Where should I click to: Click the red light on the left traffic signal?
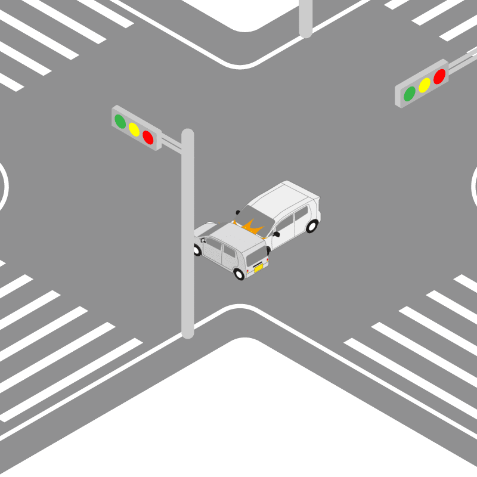[x=148, y=138]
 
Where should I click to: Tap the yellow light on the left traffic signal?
[x=134, y=129]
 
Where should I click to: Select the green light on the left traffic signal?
[x=120, y=122]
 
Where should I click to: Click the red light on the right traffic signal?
[x=439, y=76]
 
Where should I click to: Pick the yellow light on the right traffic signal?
[x=425, y=85]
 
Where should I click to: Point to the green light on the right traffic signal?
[x=410, y=94]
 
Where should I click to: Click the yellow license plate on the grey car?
[x=259, y=269]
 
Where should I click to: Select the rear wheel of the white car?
[x=312, y=225]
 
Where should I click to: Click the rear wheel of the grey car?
[x=239, y=274]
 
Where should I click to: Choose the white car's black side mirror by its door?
[x=276, y=234]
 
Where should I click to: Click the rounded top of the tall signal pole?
[x=188, y=134]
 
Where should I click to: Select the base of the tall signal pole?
[x=188, y=332]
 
